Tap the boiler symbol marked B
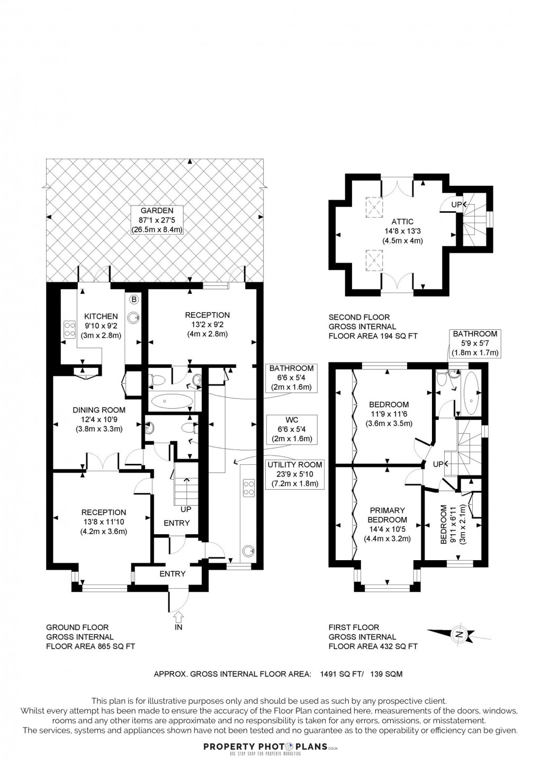134,300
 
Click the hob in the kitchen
69,330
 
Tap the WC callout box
291,429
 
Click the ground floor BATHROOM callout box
291,377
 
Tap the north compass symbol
458,634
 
